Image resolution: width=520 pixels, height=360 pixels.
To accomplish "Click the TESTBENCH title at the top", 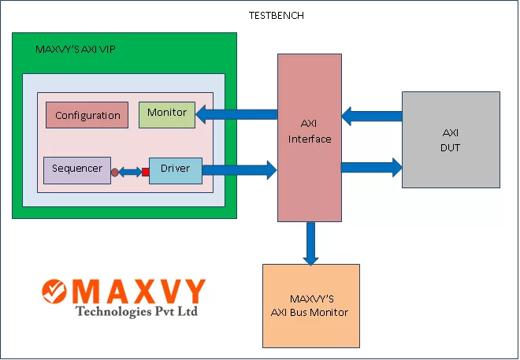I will pos(276,15).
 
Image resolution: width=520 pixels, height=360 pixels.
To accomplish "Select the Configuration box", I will pos(87,115).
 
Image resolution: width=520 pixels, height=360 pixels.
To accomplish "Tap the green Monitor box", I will pos(166,113).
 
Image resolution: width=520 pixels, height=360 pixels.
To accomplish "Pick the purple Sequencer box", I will pos(76,169).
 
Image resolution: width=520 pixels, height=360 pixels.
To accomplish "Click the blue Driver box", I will pos(175,169).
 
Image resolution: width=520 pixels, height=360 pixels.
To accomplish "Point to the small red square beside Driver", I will pos(145,172).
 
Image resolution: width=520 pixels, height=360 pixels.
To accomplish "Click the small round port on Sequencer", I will pos(115,172).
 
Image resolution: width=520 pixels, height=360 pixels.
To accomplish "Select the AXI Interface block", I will pos(309,137).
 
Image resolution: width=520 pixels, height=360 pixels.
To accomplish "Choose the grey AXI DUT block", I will pos(451,139).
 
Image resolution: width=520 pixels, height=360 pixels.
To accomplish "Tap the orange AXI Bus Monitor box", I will pos(310,305).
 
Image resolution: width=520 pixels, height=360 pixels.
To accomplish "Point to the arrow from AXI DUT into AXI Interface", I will pos(372,117).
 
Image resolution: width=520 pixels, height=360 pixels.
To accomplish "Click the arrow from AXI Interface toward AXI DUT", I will pos(371,166).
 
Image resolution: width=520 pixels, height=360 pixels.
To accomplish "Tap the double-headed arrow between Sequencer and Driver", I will pos(130,172).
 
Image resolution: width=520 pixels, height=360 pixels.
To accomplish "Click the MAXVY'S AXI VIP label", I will pos(76,49).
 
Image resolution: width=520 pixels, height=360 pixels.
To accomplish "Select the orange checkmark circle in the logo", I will pos(56,292).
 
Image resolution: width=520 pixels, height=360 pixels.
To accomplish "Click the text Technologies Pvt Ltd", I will pos(136,311).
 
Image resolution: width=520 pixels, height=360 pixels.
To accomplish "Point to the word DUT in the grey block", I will pos(451,147).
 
